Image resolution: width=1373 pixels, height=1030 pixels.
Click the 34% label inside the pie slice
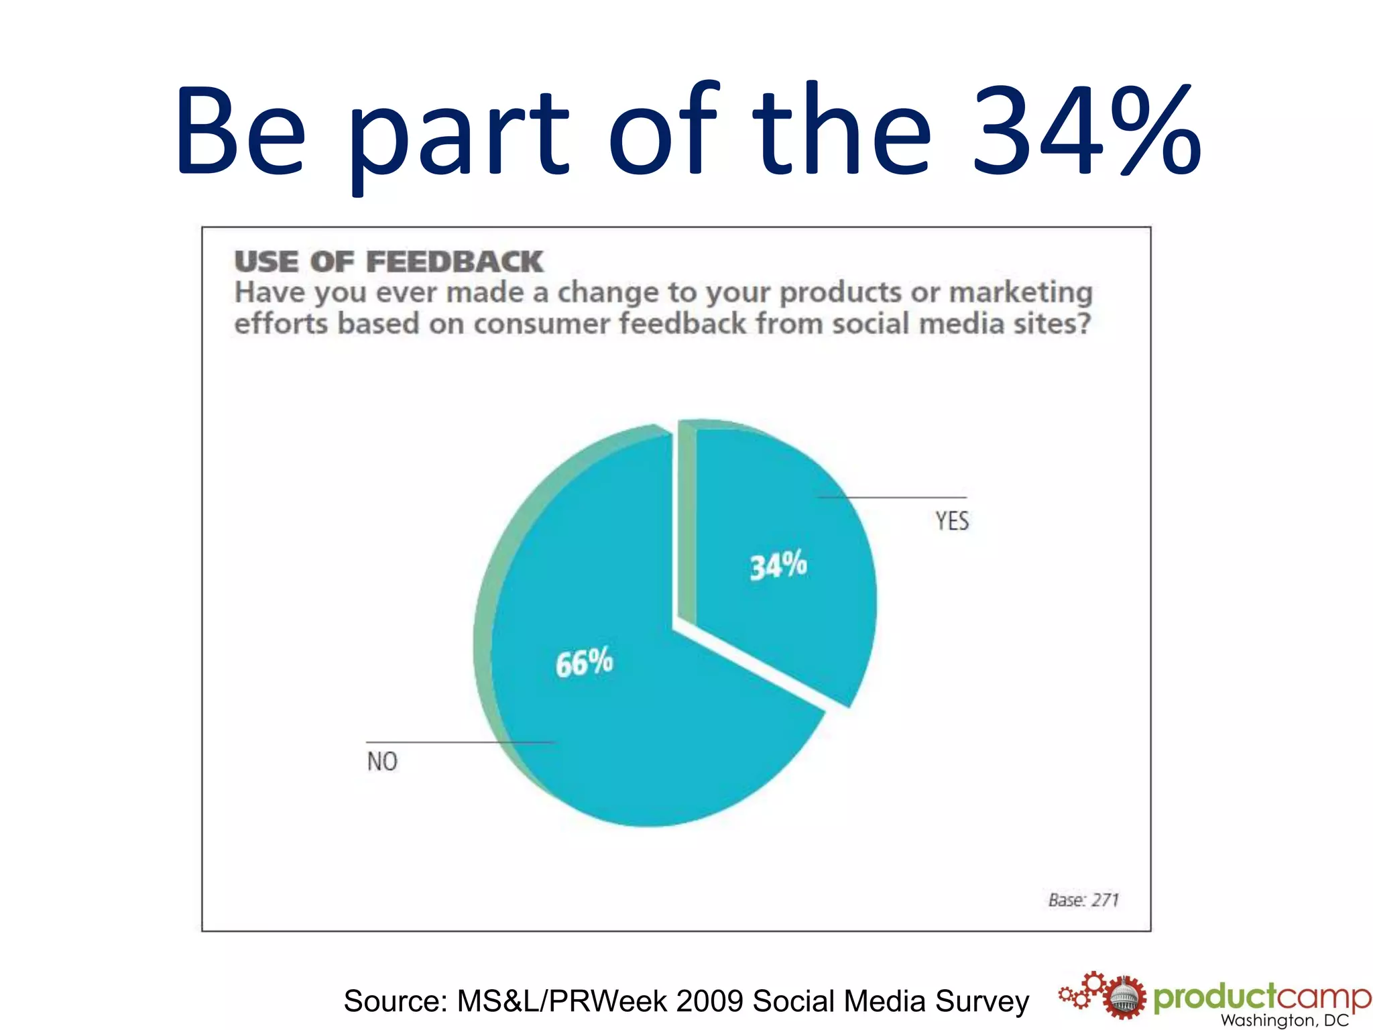click(x=778, y=565)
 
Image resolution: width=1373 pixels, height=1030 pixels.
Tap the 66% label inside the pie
click(x=584, y=663)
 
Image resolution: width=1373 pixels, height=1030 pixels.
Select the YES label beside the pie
click(x=952, y=520)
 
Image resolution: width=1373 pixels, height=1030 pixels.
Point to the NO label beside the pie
click(x=382, y=761)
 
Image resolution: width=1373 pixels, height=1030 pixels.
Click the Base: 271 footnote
click(x=1083, y=899)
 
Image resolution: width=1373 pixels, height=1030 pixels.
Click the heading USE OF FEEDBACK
click(x=388, y=261)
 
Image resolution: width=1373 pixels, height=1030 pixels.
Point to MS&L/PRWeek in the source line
click(x=562, y=1001)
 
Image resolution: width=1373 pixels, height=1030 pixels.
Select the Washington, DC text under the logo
click(x=1284, y=1021)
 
